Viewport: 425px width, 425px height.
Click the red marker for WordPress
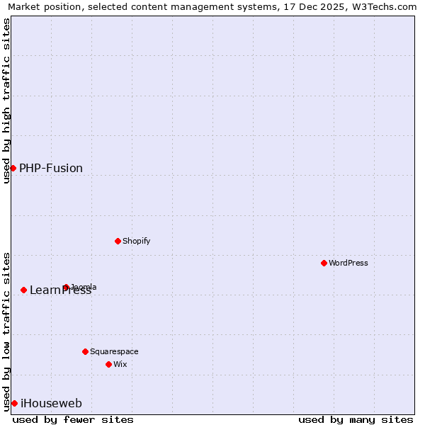pos(324,263)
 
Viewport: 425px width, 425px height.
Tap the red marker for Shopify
pos(118,241)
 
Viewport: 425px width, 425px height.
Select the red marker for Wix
pos(108,364)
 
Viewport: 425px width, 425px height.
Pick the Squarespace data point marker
pos(85,351)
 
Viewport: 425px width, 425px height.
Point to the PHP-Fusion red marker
pos(13,168)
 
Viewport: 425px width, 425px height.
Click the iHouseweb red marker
pos(14,403)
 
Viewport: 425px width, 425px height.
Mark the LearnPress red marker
pos(23,290)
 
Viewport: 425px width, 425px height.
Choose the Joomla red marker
pos(66,287)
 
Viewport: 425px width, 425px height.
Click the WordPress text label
pos(348,263)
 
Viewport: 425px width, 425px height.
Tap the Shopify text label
pos(137,241)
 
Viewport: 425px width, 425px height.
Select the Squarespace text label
pos(114,351)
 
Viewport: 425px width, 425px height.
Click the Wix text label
pos(120,364)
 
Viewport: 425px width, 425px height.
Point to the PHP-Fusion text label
pos(51,168)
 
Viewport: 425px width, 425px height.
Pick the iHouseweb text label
pos(51,403)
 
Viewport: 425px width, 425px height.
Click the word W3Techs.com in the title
pos(382,7)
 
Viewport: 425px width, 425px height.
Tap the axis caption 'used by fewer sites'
pos(73,419)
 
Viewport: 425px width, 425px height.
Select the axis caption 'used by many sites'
pos(356,419)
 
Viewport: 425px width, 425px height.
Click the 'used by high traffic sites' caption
pos(7,101)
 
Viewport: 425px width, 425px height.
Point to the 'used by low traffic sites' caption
pos(7,331)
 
